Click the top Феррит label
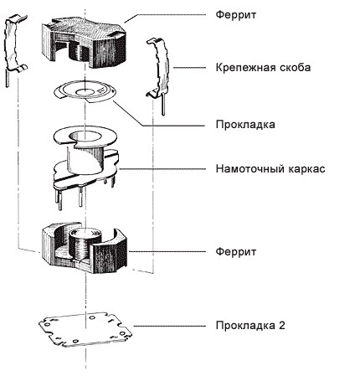tap(236, 15)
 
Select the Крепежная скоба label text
tap(263, 68)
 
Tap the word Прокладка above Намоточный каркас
tap(245, 125)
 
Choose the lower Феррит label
tap(236, 251)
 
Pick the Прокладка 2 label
tap(250, 326)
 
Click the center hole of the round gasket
tap(84, 92)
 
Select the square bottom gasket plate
tap(85, 329)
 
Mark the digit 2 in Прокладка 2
tap(281, 325)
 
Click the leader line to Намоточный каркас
tap(162, 169)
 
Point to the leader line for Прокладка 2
tap(169, 326)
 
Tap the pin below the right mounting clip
tap(163, 104)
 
